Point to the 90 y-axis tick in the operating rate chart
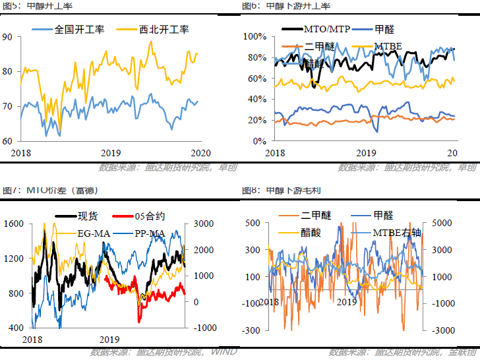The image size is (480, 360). coord(9,37)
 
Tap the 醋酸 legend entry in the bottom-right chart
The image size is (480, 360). coord(315,233)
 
